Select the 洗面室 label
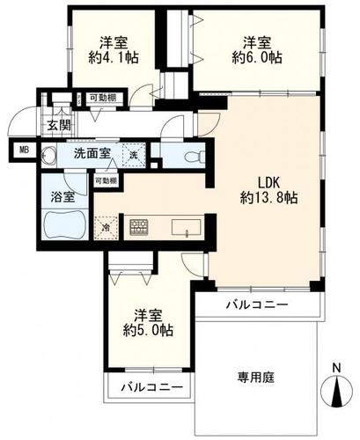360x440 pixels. tap(92, 152)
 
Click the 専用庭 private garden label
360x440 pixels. tap(256, 378)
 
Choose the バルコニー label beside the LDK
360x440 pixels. tap(255, 305)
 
